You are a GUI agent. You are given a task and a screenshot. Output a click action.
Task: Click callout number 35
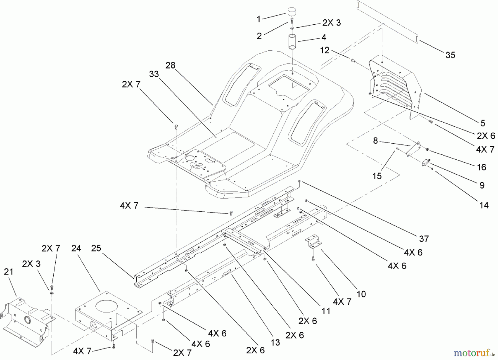(x=450, y=55)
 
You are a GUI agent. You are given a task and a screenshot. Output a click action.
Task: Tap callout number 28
(x=170, y=65)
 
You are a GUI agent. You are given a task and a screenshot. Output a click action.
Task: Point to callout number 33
(x=154, y=74)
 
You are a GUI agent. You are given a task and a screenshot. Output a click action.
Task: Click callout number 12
(x=325, y=50)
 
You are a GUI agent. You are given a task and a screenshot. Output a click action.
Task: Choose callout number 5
(x=483, y=123)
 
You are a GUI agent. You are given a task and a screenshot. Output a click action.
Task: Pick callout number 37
(x=424, y=239)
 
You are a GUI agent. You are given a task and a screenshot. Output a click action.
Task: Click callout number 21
(x=8, y=272)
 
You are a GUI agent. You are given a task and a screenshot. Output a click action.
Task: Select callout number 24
(x=76, y=248)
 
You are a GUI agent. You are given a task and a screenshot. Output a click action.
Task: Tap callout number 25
(x=96, y=248)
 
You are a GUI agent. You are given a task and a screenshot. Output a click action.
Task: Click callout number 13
(x=275, y=342)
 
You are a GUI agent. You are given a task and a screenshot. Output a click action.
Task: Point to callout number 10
(x=361, y=294)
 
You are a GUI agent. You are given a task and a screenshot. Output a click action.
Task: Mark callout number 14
(x=484, y=205)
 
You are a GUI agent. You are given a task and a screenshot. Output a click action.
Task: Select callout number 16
(x=481, y=167)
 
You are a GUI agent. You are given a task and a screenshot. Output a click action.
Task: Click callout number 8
(x=375, y=141)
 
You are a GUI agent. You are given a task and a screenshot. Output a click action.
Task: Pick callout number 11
(x=326, y=311)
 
